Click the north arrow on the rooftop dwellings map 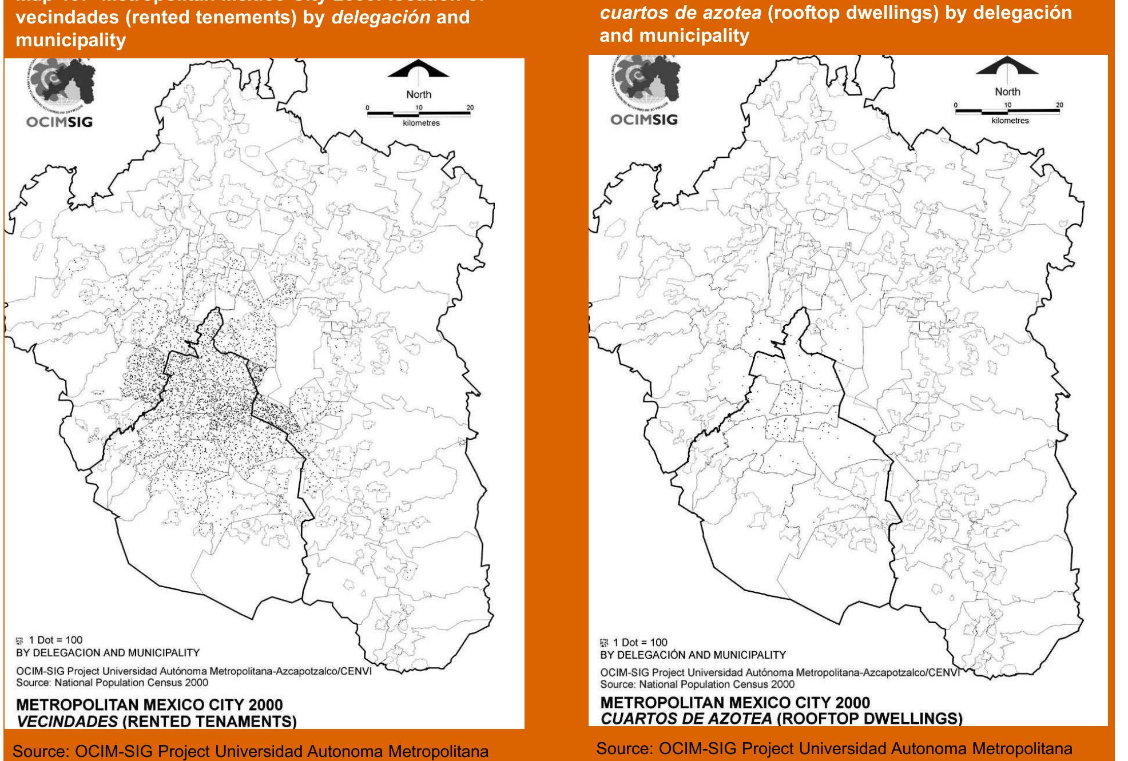(x=1007, y=67)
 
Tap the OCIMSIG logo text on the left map (x=59, y=122)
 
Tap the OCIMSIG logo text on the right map (x=644, y=119)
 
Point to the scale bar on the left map (x=419, y=114)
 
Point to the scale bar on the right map (x=1008, y=111)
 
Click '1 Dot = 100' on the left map (x=55, y=640)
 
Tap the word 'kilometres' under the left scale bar (x=420, y=123)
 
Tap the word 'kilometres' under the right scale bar (x=1010, y=121)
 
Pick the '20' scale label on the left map (x=470, y=107)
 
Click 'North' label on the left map (x=419, y=94)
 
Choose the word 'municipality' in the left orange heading (x=71, y=40)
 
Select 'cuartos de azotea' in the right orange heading (x=681, y=13)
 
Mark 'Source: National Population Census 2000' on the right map (x=697, y=684)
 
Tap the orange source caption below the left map (x=251, y=751)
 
